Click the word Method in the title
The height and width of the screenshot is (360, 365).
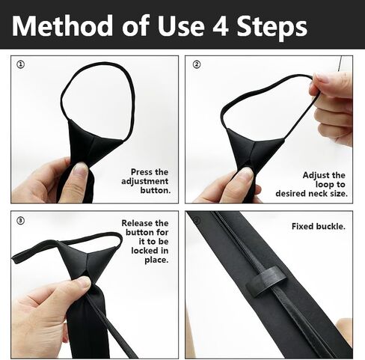coord(62,26)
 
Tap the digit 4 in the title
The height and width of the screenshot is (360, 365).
coord(221,26)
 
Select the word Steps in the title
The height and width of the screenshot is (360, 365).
coord(272,27)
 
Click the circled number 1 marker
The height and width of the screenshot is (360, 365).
coord(20,64)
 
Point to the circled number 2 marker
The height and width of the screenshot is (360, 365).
coord(197,64)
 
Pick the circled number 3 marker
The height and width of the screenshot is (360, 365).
coord(20,221)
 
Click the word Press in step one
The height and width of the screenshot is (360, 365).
coord(141,172)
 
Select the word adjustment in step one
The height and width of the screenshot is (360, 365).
coord(145,181)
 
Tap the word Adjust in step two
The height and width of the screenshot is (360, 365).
coord(314,176)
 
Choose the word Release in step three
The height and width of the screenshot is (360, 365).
coord(137,223)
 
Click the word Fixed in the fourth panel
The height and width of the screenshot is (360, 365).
coord(303,226)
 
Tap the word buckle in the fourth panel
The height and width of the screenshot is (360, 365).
coord(331,226)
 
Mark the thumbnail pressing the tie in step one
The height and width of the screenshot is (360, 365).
coord(81,169)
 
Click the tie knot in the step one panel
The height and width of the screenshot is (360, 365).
coord(93,142)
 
